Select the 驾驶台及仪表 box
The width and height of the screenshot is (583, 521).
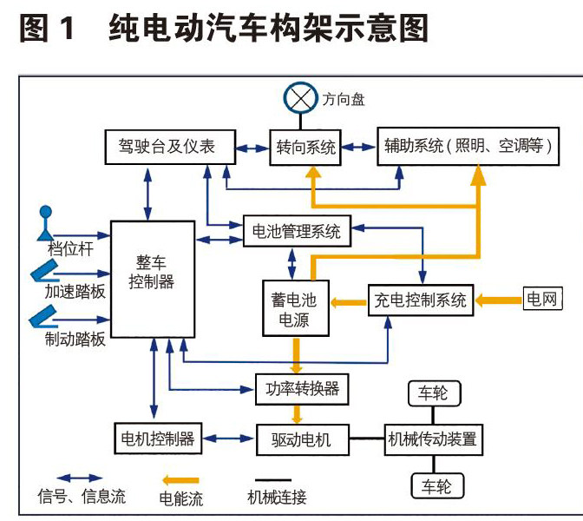[x=167, y=146]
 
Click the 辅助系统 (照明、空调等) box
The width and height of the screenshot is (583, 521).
[x=468, y=145]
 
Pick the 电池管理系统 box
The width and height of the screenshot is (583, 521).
[x=296, y=231]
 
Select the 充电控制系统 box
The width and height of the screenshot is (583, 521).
[x=420, y=301]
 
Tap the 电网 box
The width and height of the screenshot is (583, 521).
[x=543, y=300]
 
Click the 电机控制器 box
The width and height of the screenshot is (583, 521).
[x=159, y=438]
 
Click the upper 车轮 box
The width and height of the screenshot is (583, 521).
[x=431, y=393]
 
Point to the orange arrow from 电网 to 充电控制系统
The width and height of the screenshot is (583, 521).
[x=498, y=301]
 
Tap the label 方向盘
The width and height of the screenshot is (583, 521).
[x=344, y=100]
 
